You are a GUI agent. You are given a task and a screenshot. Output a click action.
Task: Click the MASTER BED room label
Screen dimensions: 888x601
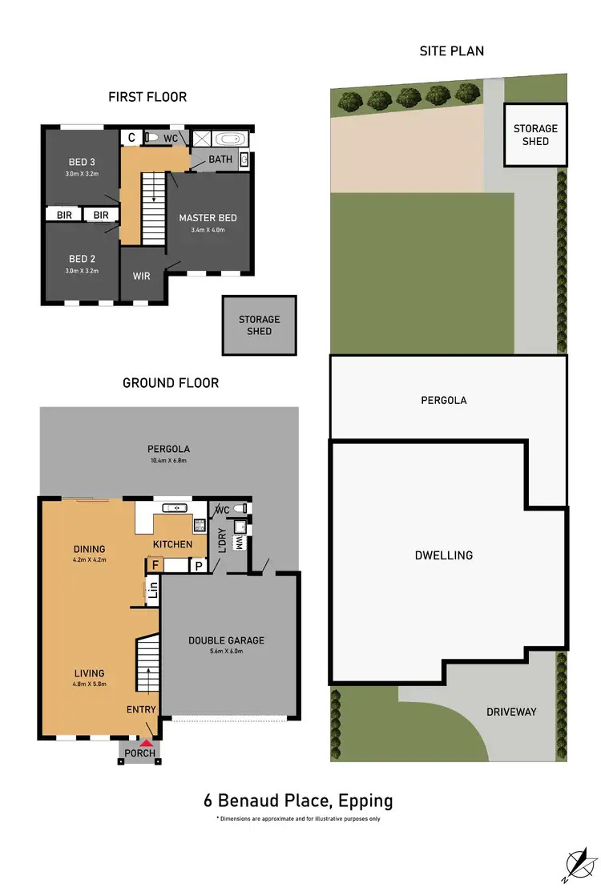(208, 218)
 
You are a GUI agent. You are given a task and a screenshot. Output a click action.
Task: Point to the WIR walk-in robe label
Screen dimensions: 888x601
(142, 276)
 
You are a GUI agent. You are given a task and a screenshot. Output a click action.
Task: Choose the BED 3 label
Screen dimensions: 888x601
(82, 162)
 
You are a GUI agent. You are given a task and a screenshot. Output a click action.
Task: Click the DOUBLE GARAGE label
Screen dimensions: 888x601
(226, 640)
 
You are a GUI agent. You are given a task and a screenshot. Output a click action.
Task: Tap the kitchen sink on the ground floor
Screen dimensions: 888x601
(174, 509)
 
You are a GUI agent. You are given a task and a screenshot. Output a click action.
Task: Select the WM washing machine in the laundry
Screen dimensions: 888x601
(238, 543)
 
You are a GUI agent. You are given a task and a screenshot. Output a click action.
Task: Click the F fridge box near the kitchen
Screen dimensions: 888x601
(155, 566)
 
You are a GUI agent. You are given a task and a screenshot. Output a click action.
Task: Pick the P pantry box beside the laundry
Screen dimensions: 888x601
(198, 566)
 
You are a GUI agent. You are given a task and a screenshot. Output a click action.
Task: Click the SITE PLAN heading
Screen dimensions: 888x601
(451, 51)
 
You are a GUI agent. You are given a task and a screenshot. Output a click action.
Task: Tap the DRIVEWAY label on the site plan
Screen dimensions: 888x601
(510, 712)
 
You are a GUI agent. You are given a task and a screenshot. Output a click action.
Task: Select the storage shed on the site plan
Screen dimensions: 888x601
(535, 135)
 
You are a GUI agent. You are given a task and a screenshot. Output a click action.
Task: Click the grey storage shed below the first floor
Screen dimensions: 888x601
(260, 325)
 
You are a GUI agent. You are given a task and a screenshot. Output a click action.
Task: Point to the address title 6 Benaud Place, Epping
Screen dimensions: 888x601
(298, 800)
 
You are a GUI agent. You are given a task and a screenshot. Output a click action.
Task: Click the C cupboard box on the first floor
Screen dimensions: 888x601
(131, 138)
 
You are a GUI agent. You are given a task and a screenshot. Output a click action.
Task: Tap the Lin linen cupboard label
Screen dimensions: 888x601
(152, 594)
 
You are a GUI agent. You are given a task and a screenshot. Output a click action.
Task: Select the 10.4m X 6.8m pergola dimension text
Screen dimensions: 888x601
(170, 460)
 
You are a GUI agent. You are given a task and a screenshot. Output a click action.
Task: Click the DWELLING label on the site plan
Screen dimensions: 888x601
(443, 555)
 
